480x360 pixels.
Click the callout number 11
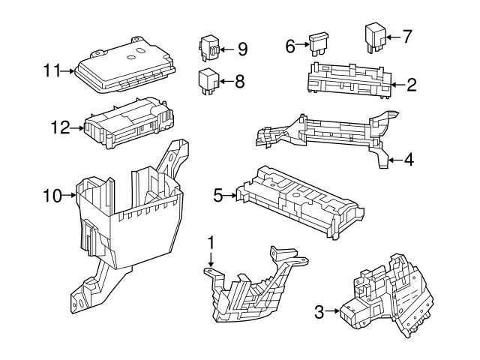[51, 71]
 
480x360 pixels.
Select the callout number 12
[60, 127]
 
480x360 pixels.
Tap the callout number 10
[51, 196]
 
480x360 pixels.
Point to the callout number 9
[241, 49]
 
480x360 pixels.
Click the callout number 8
[239, 81]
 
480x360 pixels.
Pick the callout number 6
[290, 45]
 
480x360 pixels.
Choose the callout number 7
[407, 35]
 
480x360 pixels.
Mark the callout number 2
[411, 84]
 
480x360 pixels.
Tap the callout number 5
[218, 196]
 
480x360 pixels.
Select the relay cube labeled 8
[208, 79]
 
